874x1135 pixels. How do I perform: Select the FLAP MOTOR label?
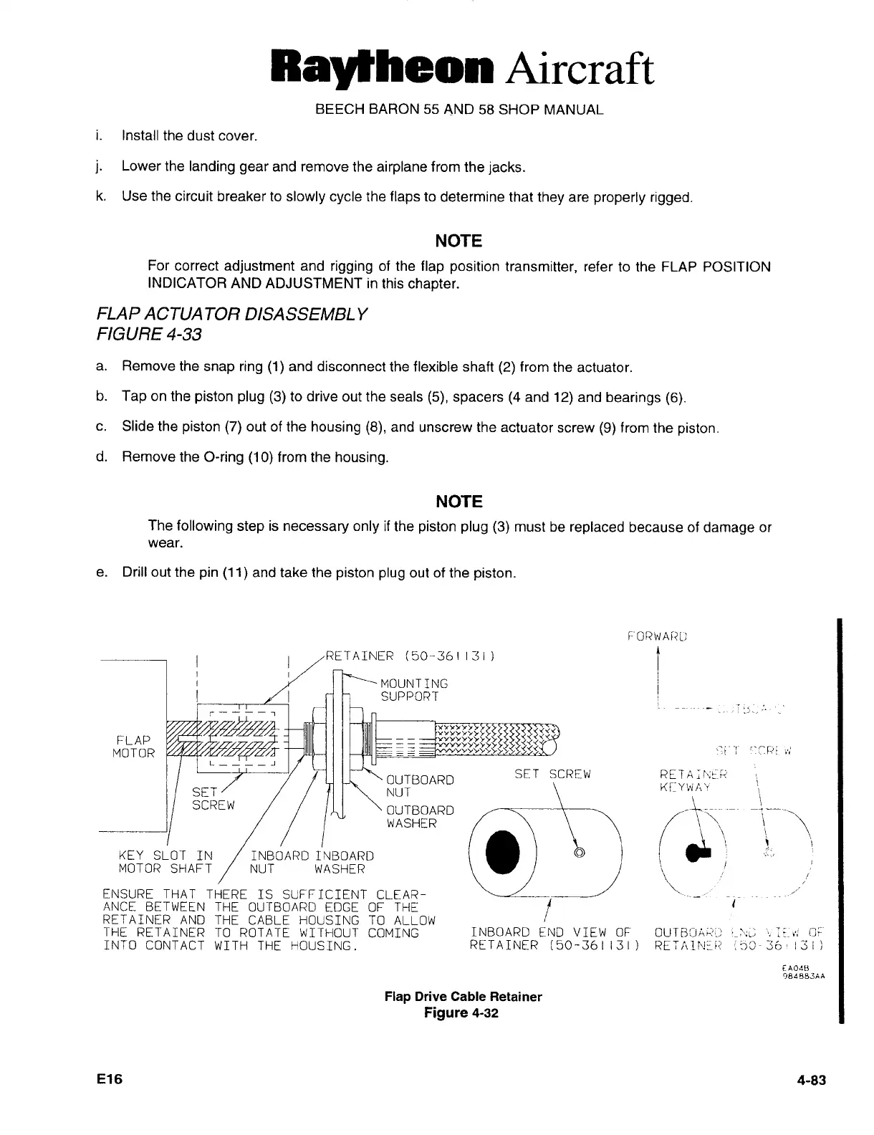(133, 746)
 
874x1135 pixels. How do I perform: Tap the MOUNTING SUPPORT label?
(414, 689)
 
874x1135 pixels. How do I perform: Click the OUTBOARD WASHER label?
(420, 817)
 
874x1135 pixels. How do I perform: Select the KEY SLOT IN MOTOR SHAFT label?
(165, 863)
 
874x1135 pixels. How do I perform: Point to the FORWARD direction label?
(656, 635)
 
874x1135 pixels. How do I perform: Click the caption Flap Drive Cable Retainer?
(463, 997)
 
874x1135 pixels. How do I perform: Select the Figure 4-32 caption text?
(461, 1013)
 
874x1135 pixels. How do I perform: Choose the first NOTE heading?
(458, 240)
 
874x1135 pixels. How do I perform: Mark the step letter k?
(101, 196)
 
